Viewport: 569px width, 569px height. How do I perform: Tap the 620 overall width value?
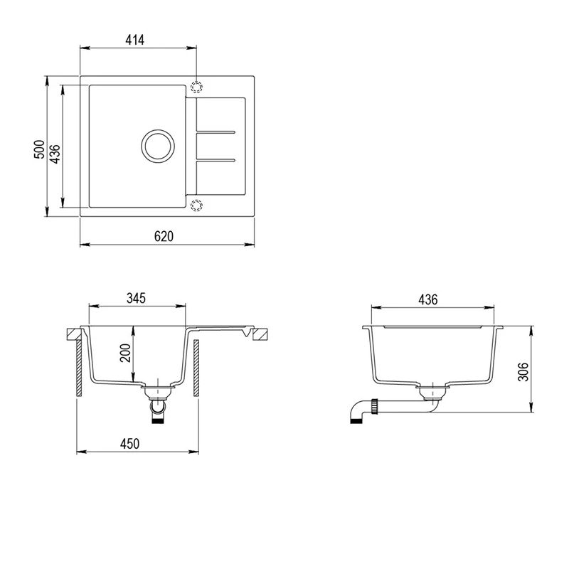click(x=163, y=236)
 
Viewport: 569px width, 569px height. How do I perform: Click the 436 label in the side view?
click(x=427, y=299)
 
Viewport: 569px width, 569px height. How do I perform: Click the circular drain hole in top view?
click(x=156, y=145)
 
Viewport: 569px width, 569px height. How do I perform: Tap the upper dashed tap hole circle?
click(x=196, y=87)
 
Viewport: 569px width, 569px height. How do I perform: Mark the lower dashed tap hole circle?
click(x=196, y=205)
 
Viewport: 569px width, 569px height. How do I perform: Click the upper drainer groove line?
click(x=216, y=132)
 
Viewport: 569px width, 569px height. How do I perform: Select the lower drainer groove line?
click(x=216, y=158)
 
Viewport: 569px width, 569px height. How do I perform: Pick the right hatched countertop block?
click(x=261, y=333)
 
